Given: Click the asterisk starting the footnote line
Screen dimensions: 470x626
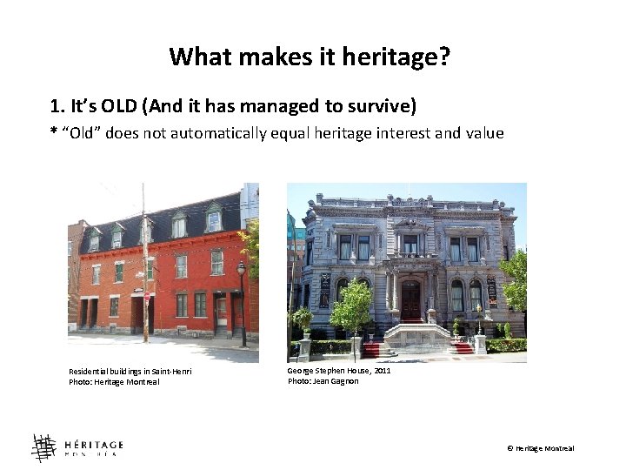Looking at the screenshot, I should [53, 133].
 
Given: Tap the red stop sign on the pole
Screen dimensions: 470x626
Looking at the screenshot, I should [146, 297].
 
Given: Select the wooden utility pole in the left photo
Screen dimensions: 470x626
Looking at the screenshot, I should [144, 261].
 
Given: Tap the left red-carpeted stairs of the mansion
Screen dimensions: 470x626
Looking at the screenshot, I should [371, 349].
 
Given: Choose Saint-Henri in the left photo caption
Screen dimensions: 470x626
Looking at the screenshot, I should [172, 373].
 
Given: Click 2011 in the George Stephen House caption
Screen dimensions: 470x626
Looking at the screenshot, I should [381, 371].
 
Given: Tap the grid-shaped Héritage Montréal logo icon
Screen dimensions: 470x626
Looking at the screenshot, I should [43, 447].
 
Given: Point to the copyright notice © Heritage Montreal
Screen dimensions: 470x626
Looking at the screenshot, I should [540, 448].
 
